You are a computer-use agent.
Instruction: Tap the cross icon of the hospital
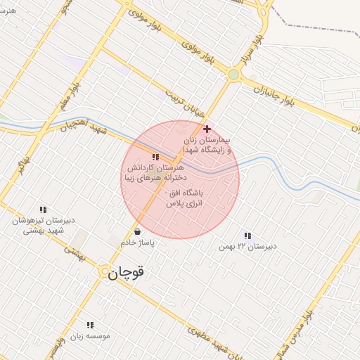click(207, 129)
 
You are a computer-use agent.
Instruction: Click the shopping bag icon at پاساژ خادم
click(136, 231)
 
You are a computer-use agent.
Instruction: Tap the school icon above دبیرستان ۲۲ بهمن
click(247, 235)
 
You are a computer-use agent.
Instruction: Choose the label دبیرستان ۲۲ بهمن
click(247, 246)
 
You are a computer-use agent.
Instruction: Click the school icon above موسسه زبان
click(89, 325)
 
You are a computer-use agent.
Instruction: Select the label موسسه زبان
click(90, 336)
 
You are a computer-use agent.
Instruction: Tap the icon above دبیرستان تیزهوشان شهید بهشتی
click(43, 209)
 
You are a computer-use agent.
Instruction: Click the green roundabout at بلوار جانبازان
click(233, 74)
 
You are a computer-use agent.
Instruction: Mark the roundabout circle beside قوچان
click(103, 271)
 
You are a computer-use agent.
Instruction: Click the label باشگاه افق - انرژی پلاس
click(184, 198)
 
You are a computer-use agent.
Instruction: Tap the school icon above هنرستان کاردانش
click(155, 157)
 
